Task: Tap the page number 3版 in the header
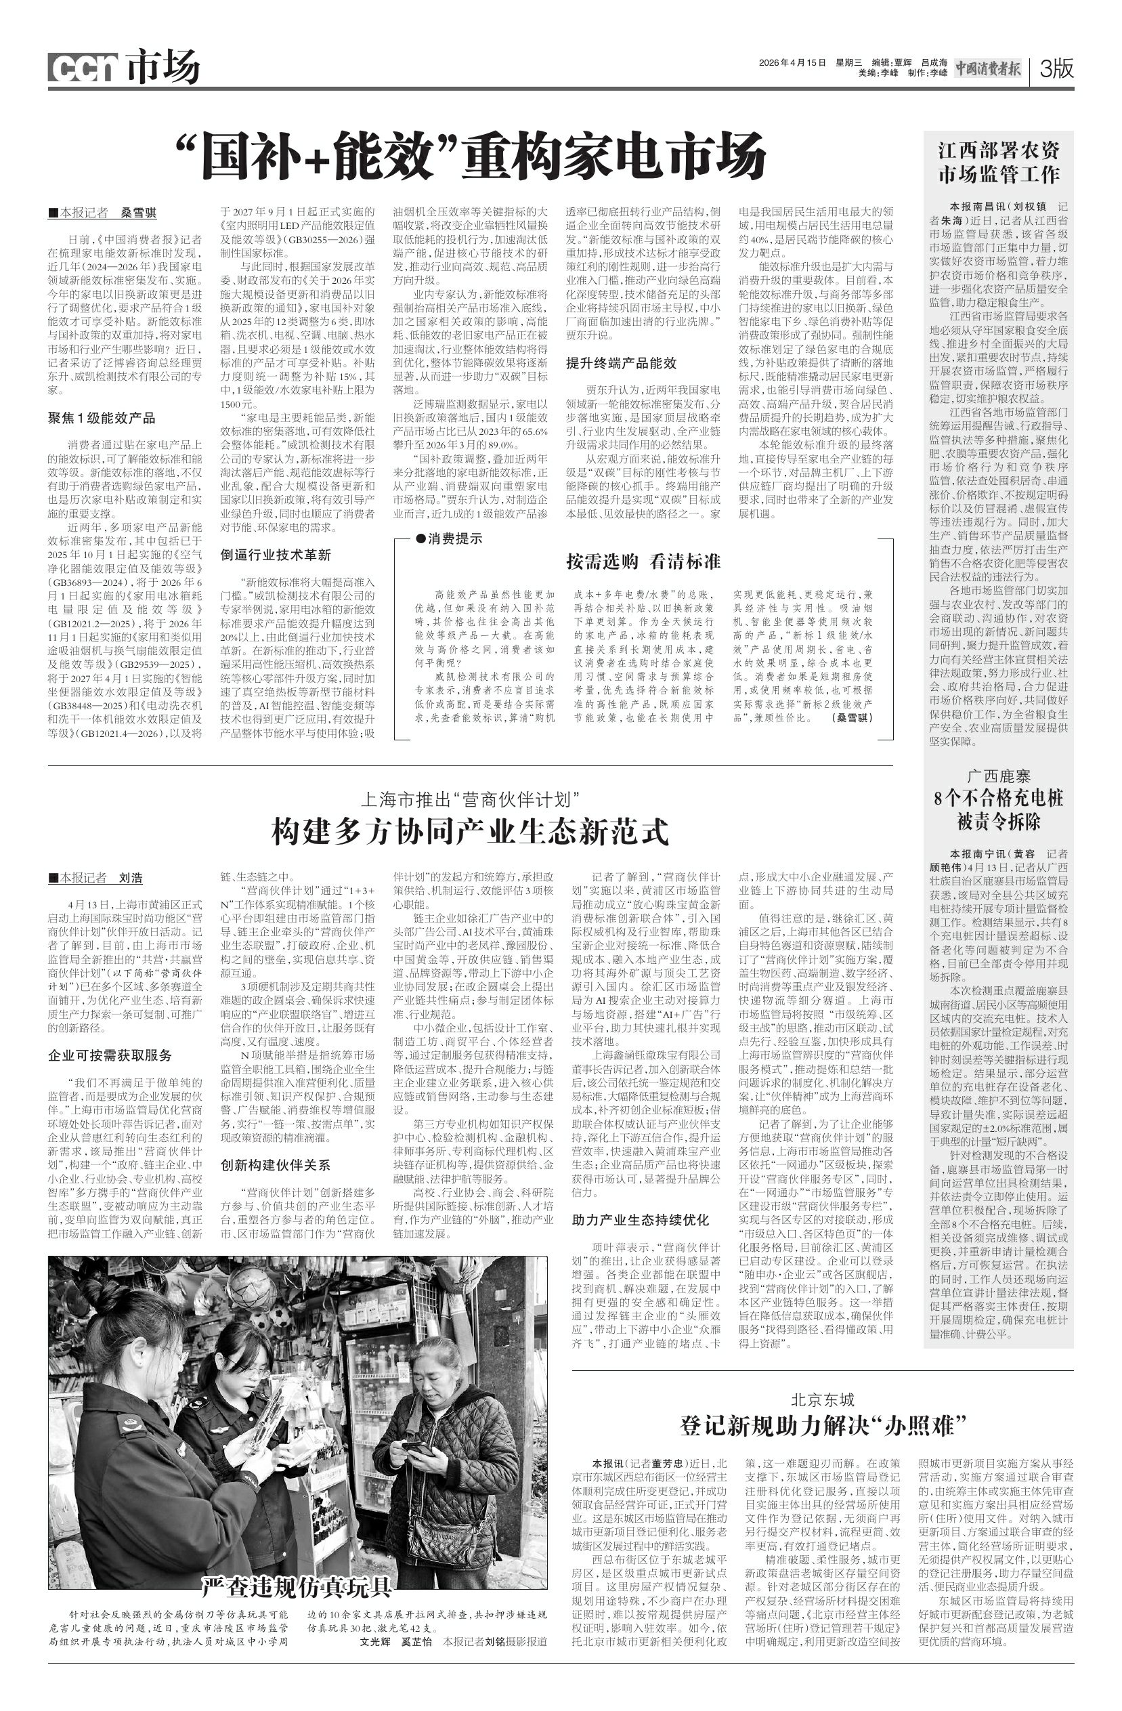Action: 1056,69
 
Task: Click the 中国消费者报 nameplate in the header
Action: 987,69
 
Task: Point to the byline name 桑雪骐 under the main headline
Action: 138,213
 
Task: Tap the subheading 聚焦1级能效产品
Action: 102,419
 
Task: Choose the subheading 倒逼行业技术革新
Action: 276,555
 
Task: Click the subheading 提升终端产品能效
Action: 621,363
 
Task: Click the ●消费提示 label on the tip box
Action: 449,538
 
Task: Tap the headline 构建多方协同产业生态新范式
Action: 470,832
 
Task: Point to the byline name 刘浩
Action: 130,878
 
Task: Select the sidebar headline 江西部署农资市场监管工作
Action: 998,163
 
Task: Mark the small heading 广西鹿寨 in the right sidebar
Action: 997,776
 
